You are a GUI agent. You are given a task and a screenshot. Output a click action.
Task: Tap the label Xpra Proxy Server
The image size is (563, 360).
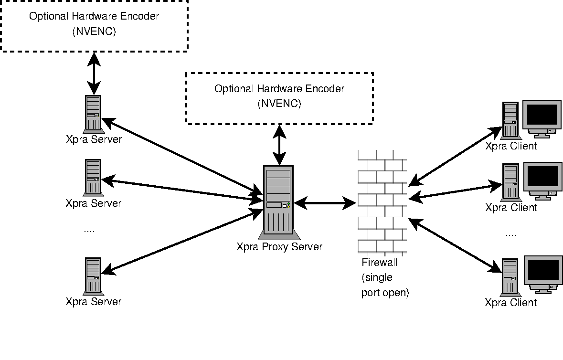pyautogui.click(x=279, y=247)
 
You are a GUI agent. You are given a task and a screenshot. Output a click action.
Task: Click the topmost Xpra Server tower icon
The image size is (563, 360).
pyautogui.click(x=93, y=114)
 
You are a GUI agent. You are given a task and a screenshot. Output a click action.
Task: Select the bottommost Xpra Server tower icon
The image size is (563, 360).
pyautogui.click(x=93, y=276)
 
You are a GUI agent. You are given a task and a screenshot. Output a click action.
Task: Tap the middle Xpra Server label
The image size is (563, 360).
pyautogui.click(x=94, y=203)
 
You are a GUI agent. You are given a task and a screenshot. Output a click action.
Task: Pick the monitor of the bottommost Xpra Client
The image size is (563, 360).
pyautogui.click(x=542, y=273)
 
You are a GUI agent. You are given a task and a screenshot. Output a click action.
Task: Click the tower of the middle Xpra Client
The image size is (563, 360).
pyautogui.click(x=510, y=181)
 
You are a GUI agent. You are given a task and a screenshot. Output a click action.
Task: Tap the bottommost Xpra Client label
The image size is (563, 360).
pyautogui.click(x=510, y=303)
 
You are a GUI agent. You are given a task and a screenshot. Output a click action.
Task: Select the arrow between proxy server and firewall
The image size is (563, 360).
pyautogui.click(x=325, y=203)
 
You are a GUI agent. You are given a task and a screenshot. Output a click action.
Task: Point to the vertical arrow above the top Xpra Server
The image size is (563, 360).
pyautogui.click(x=94, y=73)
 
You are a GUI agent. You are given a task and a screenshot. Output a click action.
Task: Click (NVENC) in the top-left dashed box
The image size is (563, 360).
pyautogui.click(x=94, y=32)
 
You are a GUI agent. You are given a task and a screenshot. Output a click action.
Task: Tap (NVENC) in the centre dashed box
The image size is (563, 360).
pyautogui.click(x=279, y=104)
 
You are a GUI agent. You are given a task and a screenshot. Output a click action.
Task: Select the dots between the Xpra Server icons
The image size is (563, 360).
pyautogui.click(x=89, y=231)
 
